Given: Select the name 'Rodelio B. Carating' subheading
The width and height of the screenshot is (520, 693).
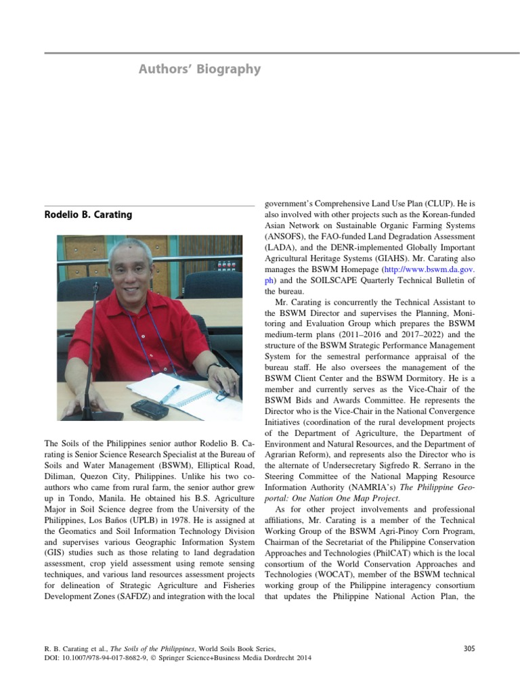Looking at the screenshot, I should [88, 215].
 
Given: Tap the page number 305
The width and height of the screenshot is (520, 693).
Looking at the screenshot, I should [469, 648].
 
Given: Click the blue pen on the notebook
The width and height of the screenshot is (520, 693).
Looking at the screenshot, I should [169, 393].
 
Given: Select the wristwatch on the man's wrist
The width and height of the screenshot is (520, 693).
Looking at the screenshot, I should [214, 367].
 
